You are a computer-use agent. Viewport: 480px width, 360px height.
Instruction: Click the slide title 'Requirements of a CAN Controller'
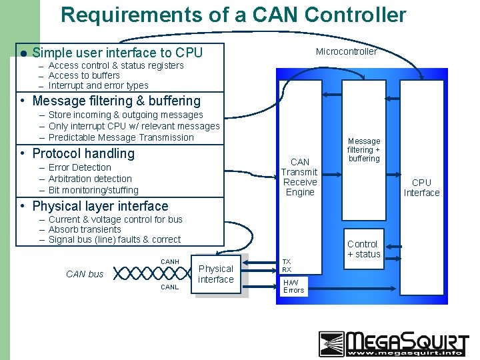click(233, 15)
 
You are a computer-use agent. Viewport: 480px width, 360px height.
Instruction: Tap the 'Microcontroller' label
click(346, 51)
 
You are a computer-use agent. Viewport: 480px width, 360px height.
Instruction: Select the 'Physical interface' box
click(216, 274)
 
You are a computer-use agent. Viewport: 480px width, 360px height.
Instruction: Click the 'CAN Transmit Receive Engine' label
click(300, 177)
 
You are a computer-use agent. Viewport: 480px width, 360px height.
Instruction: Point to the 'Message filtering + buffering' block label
click(364, 150)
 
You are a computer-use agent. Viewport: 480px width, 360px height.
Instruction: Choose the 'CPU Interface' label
click(421, 187)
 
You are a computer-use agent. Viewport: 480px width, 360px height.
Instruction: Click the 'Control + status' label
click(363, 249)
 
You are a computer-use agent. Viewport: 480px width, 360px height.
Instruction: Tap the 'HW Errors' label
click(293, 286)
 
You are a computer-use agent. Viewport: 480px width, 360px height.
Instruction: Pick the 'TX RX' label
click(286, 266)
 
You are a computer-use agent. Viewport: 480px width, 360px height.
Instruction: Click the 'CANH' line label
click(170, 261)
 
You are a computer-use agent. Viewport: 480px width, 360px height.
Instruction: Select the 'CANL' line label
click(170, 287)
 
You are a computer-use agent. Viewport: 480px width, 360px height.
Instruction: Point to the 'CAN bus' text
click(85, 274)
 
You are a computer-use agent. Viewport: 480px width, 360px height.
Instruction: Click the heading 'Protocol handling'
click(83, 153)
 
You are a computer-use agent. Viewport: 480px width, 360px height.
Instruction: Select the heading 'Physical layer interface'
click(100, 206)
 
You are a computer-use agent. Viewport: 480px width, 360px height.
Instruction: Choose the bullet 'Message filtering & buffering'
click(116, 101)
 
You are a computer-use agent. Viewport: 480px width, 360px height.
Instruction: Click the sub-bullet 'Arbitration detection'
click(90, 179)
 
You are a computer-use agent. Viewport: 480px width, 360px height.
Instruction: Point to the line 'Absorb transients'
click(91, 229)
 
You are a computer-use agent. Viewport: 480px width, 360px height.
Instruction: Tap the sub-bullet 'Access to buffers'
click(84, 75)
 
